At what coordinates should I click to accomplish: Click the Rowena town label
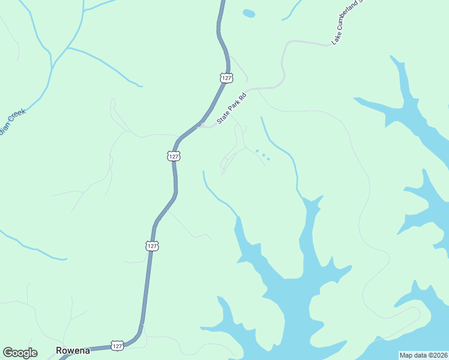pyautogui.click(x=73, y=350)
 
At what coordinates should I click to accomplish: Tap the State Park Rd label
pyautogui.click(x=232, y=108)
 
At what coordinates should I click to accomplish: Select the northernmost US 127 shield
pyautogui.click(x=226, y=78)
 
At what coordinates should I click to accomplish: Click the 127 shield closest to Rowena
pyautogui.click(x=118, y=346)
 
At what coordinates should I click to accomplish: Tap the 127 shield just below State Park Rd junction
pyautogui.click(x=173, y=156)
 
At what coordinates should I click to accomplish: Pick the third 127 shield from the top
pyautogui.click(x=152, y=246)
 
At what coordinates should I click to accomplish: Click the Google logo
pyautogui.click(x=20, y=353)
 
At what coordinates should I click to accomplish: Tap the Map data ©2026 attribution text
pyautogui.click(x=423, y=355)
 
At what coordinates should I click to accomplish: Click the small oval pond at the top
pyautogui.click(x=249, y=13)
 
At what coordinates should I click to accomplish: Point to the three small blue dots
pyautogui.click(x=262, y=155)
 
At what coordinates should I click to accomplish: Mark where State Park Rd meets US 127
pyautogui.click(x=199, y=125)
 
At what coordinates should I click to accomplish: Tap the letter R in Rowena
pyautogui.click(x=59, y=350)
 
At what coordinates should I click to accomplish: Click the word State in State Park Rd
pyautogui.click(x=223, y=117)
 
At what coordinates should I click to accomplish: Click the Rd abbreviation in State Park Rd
pyautogui.click(x=243, y=97)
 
